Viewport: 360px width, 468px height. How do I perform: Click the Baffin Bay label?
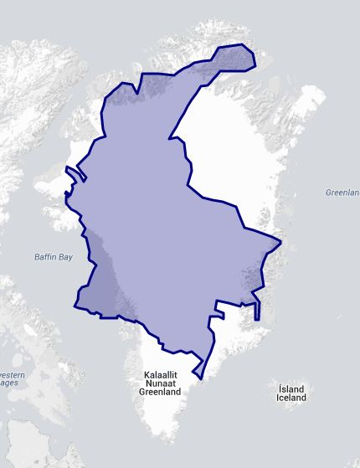[54, 257]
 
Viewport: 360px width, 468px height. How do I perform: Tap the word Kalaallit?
[159, 373]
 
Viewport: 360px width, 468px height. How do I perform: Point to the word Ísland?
[291, 388]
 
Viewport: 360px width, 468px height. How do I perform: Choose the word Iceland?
[291, 398]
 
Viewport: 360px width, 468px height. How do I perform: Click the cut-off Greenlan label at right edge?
[342, 193]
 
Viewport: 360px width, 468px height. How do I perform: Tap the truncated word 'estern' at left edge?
[11, 374]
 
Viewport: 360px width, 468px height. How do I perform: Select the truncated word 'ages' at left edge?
[8, 383]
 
